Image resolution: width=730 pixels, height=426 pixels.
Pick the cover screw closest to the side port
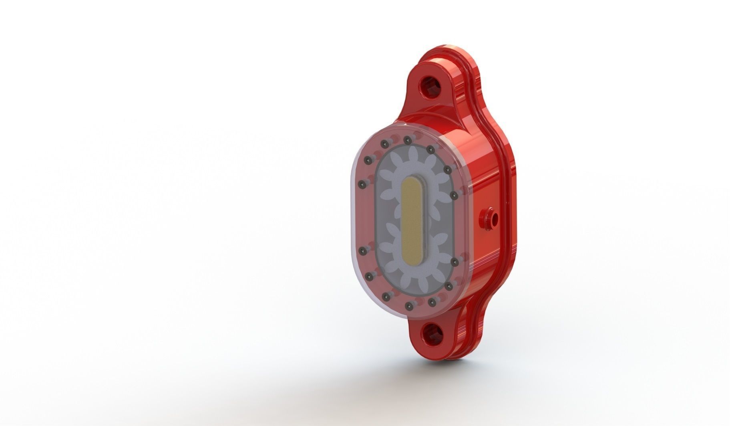[x=454, y=195]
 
